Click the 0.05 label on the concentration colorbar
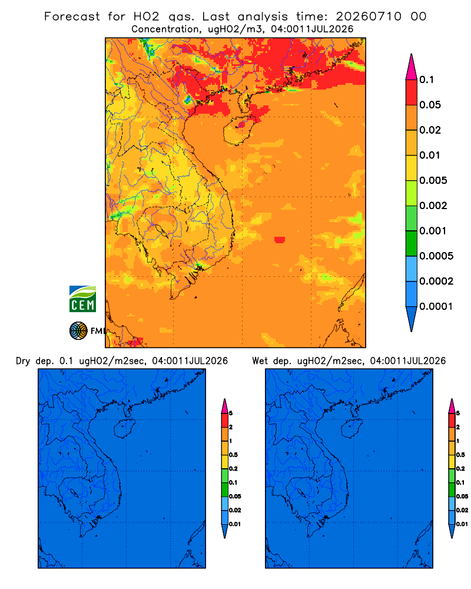tap(430, 105)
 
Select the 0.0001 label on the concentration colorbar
tap(436, 306)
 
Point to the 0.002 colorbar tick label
tap(433, 206)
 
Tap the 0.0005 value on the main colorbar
tap(436, 256)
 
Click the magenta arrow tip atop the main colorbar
tap(412, 67)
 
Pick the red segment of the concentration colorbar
tap(412, 92)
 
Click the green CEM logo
tap(82, 299)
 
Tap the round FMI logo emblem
tap(78, 331)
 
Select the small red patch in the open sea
tap(280, 240)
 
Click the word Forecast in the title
tap(72, 16)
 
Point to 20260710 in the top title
tap(369, 16)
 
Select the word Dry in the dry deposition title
tap(23, 361)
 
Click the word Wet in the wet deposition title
tap(260, 361)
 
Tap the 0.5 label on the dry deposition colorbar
tap(233, 455)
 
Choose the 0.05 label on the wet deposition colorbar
tap(462, 496)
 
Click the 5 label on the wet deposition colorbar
tap(458, 413)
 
